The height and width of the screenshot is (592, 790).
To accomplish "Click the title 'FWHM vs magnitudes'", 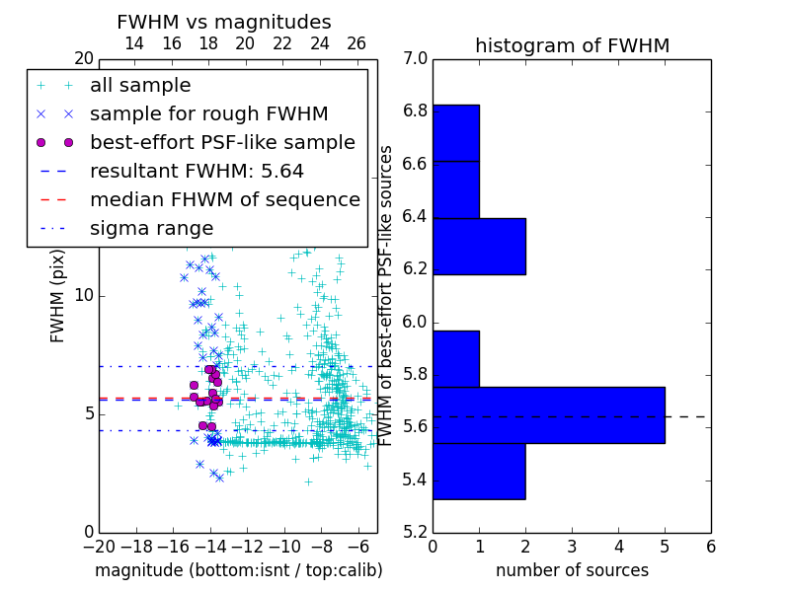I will (224, 23).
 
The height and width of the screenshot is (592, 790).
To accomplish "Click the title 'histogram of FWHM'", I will (572, 45).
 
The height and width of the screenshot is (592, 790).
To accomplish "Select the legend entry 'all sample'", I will (140, 86).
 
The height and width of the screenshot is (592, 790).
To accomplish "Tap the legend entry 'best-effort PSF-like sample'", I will (222, 142).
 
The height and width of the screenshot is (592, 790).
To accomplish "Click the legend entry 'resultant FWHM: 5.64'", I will (197, 171).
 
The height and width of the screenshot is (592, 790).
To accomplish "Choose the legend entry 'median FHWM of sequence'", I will (225, 199).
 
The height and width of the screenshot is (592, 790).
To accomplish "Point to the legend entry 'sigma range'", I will (151, 228).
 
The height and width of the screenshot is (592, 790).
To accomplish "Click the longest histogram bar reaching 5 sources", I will (548, 415).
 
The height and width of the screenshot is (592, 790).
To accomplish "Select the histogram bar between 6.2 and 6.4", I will (479, 246).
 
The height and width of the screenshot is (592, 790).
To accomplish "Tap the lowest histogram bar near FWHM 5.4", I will (479, 472).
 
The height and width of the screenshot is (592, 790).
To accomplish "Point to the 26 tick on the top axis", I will (356, 43).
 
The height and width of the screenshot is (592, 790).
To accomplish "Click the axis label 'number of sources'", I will (572, 570).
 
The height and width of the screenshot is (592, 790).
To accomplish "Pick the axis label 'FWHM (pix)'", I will (58, 296).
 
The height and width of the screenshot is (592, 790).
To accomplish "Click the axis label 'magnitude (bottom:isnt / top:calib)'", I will (238, 570).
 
